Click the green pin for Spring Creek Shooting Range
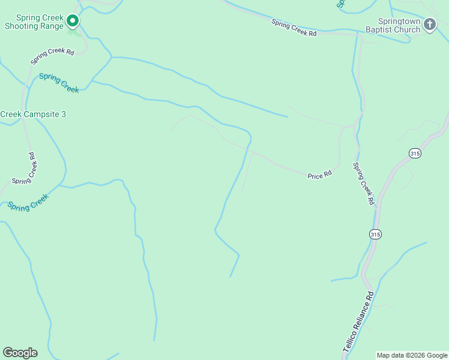(x=73, y=22)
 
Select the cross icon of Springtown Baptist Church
(x=429, y=25)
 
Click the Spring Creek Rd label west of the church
(x=294, y=28)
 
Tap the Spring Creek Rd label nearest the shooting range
(x=52, y=56)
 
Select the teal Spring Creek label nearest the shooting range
(x=59, y=83)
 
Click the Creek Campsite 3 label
(x=33, y=114)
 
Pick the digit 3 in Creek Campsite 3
(x=63, y=114)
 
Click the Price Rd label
(x=319, y=175)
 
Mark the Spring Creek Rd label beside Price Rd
(x=364, y=184)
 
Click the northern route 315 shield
(x=415, y=154)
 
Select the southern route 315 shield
(x=375, y=233)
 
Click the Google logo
(x=20, y=353)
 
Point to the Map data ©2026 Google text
(x=412, y=355)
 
